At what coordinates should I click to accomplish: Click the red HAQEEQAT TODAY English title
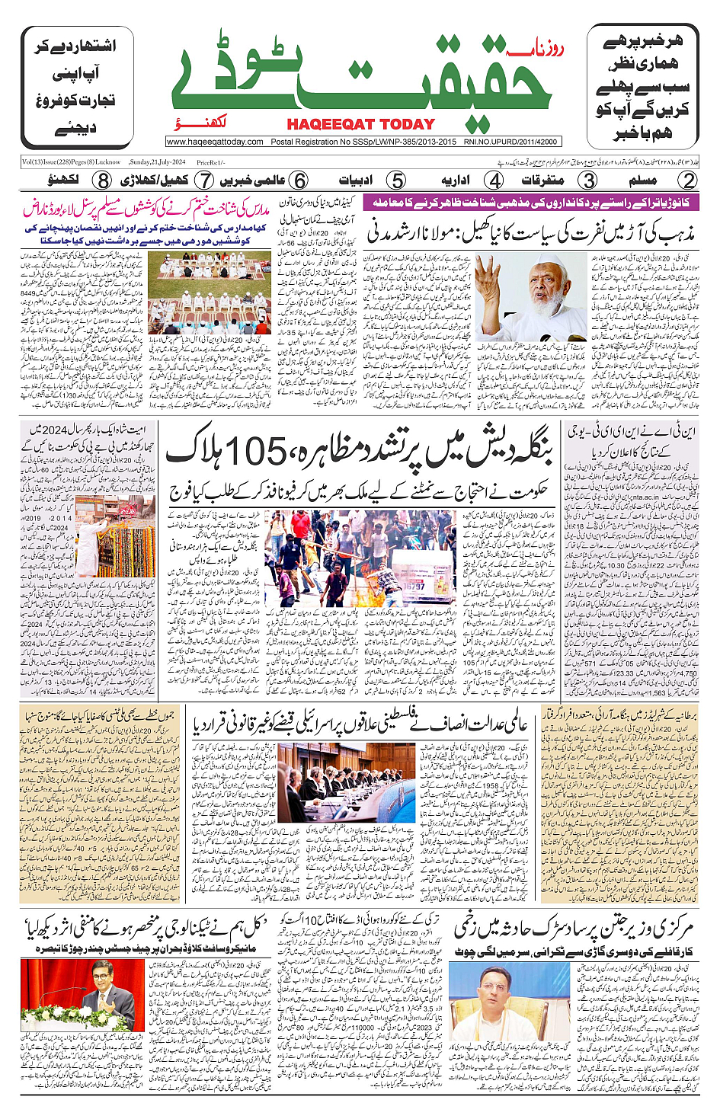click(360, 124)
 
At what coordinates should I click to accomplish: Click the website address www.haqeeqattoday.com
click(215, 142)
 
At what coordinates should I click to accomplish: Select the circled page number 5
click(395, 181)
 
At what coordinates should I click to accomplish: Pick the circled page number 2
click(688, 181)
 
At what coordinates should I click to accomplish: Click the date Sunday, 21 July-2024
click(158, 162)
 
